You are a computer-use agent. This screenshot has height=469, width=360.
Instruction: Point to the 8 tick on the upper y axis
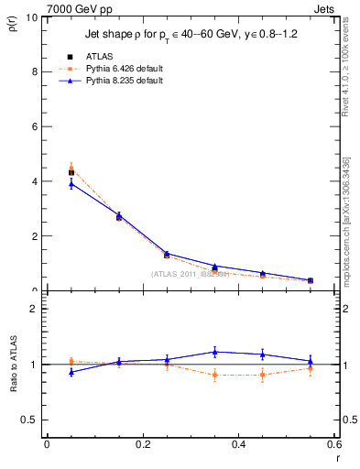[x=35, y=71]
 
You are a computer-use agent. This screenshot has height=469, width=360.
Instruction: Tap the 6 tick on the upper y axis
[x=35, y=126]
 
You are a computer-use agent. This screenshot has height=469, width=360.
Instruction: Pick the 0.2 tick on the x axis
[x=142, y=444]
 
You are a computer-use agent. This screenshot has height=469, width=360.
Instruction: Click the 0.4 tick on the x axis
[x=238, y=444]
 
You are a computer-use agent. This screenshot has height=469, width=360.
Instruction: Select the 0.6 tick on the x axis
[x=334, y=444]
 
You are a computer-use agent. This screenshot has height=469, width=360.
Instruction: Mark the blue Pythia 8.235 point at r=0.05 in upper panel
[x=71, y=184]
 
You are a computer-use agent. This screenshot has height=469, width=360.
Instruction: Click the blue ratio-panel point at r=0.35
[x=214, y=352]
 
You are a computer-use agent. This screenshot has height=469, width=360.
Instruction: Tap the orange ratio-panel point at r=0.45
[x=263, y=375]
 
